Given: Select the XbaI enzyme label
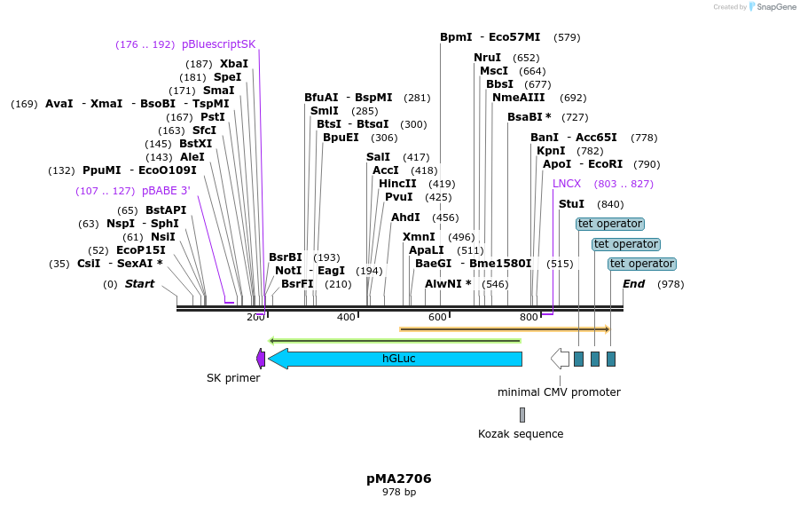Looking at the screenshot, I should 234,64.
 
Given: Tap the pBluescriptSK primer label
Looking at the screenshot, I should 218,44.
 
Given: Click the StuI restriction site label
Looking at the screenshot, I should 571,204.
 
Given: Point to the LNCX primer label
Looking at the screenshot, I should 567,184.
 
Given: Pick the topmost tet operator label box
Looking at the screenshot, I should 609,224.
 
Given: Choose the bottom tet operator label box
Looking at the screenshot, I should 642,264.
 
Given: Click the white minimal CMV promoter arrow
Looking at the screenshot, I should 560,359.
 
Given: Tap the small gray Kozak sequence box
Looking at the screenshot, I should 522,415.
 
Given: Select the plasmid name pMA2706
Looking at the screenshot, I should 399,478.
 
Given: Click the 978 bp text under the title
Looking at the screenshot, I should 399,492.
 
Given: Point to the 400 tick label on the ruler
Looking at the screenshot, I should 346,318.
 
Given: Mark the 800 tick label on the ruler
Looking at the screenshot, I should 529,318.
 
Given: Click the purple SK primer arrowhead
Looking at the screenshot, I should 261,359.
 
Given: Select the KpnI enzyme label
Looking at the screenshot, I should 551,151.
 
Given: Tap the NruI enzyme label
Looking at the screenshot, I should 487,58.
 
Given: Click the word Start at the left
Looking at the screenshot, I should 139,284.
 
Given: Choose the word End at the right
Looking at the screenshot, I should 633,284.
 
